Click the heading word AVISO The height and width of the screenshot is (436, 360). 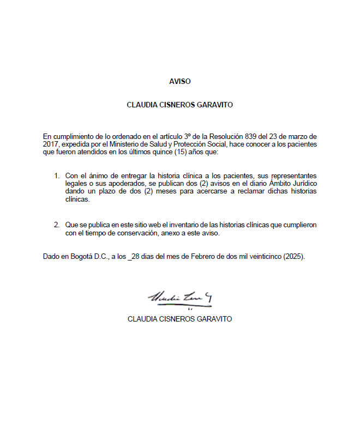click(x=180, y=81)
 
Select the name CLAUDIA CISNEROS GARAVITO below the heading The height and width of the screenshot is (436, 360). click(x=179, y=105)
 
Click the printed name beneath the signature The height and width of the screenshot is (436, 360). click(x=179, y=319)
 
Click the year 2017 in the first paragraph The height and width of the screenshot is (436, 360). click(x=51, y=144)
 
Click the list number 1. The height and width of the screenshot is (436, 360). click(x=56, y=176)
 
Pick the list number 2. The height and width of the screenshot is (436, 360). click(x=56, y=225)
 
